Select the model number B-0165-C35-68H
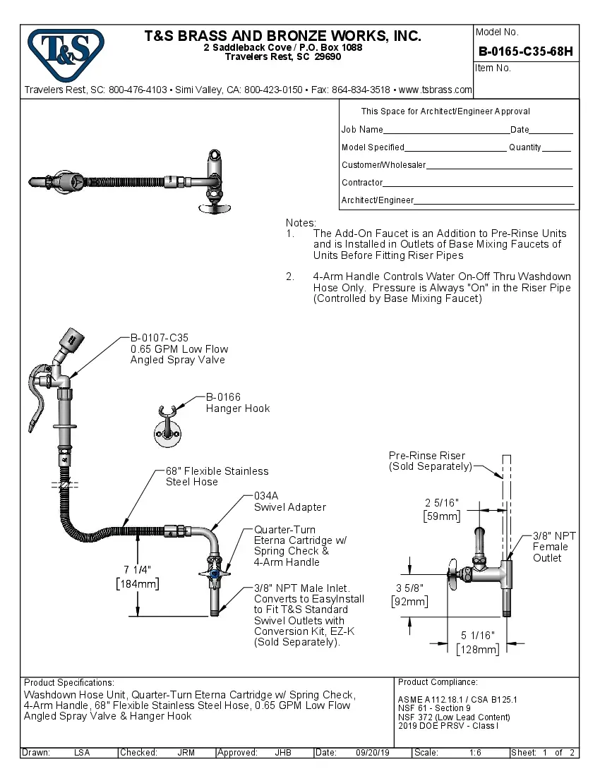tap(525, 51)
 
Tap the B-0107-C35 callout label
tap(159, 338)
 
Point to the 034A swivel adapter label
tap(268, 496)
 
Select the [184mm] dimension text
tap(137, 583)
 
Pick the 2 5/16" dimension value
tap(442, 502)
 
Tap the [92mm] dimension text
tap(409, 601)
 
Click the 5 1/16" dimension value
tap(478, 636)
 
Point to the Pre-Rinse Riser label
tap(427, 456)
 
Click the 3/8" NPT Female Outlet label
tap(553, 547)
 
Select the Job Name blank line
tap(446, 131)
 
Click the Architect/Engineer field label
tap(377, 200)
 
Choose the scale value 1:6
tap(475, 753)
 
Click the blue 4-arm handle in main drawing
tap(215, 574)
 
